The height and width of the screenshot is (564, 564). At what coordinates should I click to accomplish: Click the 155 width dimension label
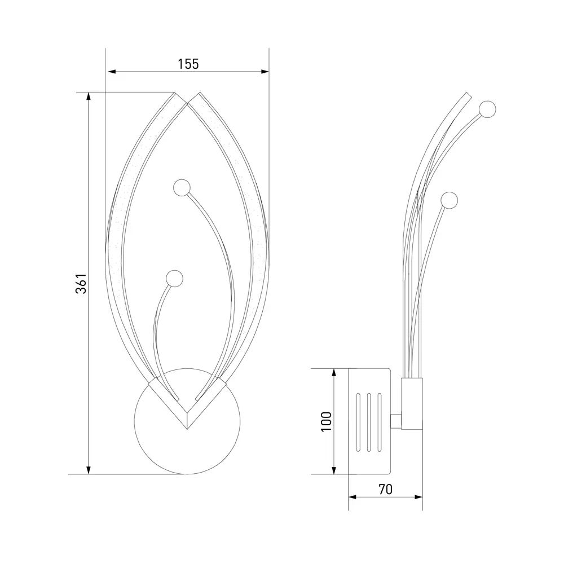[188, 64]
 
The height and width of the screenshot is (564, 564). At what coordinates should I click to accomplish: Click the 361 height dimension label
[81, 284]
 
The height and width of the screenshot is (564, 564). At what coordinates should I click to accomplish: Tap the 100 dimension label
[326, 421]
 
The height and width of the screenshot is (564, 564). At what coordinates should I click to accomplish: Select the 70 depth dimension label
[385, 489]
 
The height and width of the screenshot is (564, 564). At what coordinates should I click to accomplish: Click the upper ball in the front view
[182, 188]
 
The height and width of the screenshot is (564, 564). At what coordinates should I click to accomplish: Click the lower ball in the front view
[174, 279]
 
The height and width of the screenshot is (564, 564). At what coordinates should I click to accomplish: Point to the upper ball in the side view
[487, 109]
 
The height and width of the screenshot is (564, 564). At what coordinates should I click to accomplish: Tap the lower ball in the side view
[450, 200]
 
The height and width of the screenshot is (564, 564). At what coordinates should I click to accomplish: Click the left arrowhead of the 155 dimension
[112, 72]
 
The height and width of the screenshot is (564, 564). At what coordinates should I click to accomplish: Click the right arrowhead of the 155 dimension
[265, 72]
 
